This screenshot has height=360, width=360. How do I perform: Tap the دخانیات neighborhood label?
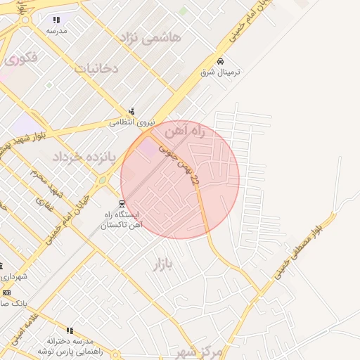point(96,69)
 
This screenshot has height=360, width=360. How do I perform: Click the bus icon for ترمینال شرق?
point(221,62)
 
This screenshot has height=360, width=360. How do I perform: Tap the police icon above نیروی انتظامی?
point(131,110)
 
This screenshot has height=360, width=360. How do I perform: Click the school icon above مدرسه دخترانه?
point(69,330)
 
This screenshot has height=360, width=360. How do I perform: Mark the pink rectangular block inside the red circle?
point(148,148)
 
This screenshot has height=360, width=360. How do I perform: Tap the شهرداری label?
point(14,276)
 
